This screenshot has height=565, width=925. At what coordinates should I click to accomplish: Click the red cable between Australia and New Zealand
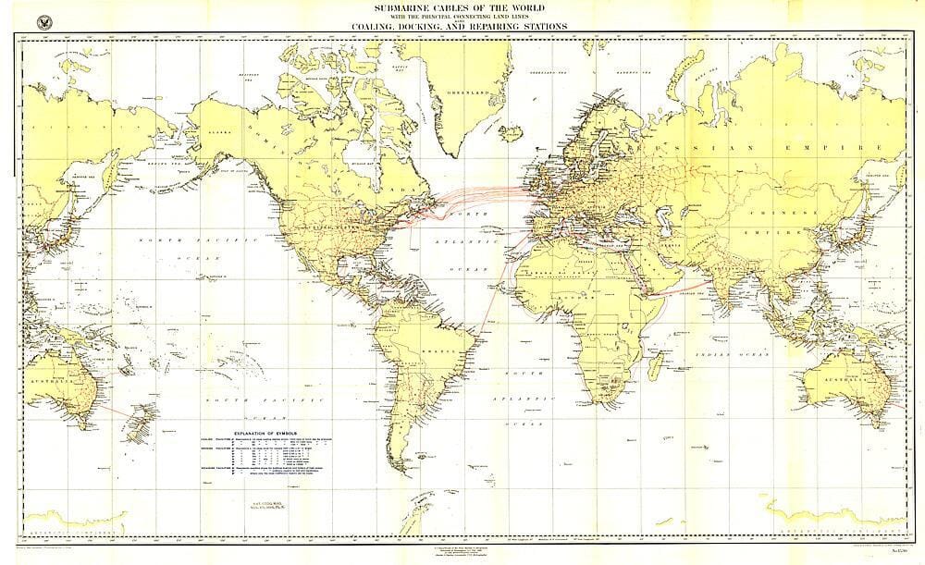click(x=110, y=408)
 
